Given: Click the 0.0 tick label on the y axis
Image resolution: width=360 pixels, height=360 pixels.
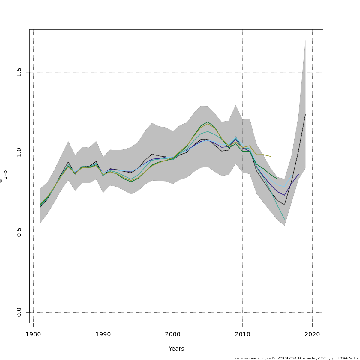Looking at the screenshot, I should coord(19,312).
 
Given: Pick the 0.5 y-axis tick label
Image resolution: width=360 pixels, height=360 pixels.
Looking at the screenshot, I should coord(19,232).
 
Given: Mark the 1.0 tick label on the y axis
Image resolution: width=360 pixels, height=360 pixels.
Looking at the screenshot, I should coord(19,152).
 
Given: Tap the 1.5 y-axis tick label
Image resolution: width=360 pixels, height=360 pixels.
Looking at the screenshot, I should coord(19,72).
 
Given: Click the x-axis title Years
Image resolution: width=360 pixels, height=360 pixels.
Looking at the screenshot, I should coord(176,349).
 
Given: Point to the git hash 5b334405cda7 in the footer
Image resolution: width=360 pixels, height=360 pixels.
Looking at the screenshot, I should coord(347,358).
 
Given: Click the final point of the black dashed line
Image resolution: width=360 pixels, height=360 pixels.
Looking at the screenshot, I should coord(305,114).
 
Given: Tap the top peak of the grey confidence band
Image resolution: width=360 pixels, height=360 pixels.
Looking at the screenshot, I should coord(305,40).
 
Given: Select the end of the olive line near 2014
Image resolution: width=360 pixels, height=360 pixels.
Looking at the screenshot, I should coord(271,156).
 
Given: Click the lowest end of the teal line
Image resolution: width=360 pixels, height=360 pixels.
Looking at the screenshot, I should coord(284,219).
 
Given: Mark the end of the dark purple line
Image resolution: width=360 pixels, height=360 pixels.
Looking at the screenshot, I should coord(298,174).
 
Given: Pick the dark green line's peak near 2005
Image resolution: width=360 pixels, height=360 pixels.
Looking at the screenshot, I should coord(208,122).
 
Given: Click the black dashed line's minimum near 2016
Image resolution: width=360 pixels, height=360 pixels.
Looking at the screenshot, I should coord(284,205).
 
